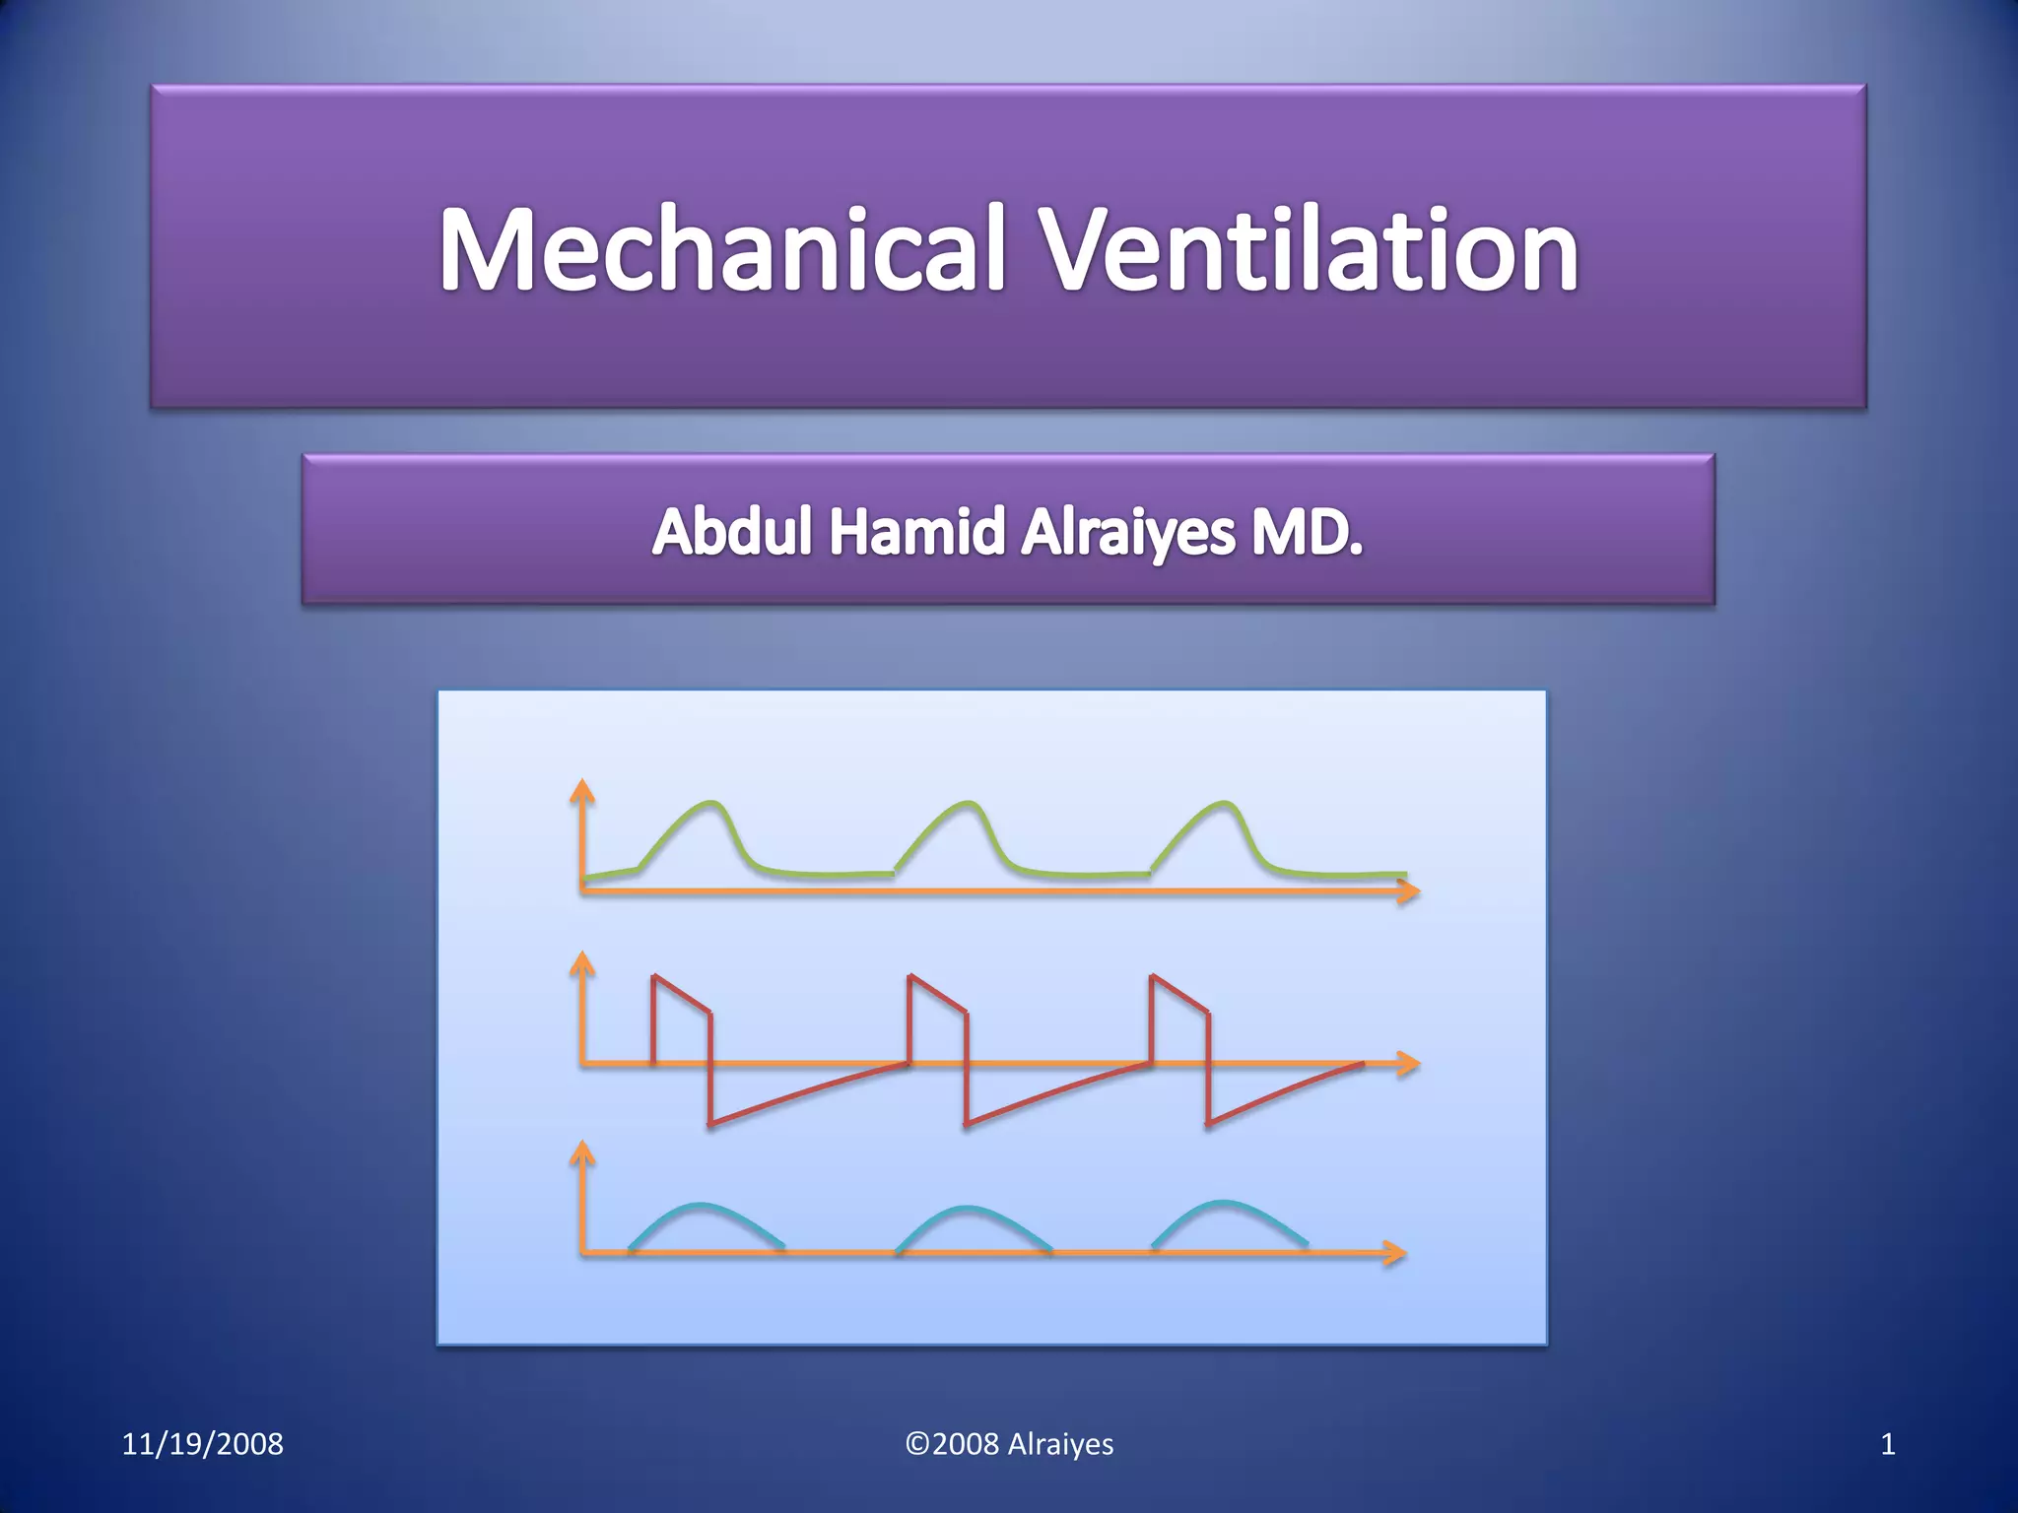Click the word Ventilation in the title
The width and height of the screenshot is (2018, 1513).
[x=1310, y=250]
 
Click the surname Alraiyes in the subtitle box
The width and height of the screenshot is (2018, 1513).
[x=1127, y=532]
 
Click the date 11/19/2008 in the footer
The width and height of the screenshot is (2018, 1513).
[x=202, y=1444]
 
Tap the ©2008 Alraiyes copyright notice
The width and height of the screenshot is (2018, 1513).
[x=1009, y=1444]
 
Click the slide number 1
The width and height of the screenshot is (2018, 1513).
[x=1887, y=1444]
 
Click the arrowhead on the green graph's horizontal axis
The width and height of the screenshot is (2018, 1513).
[x=1410, y=891]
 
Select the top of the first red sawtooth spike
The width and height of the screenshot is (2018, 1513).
[x=654, y=977]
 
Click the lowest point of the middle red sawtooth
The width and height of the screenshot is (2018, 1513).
[x=968, y=1124]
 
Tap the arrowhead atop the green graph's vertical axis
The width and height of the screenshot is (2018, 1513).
[x=583, y=789]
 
